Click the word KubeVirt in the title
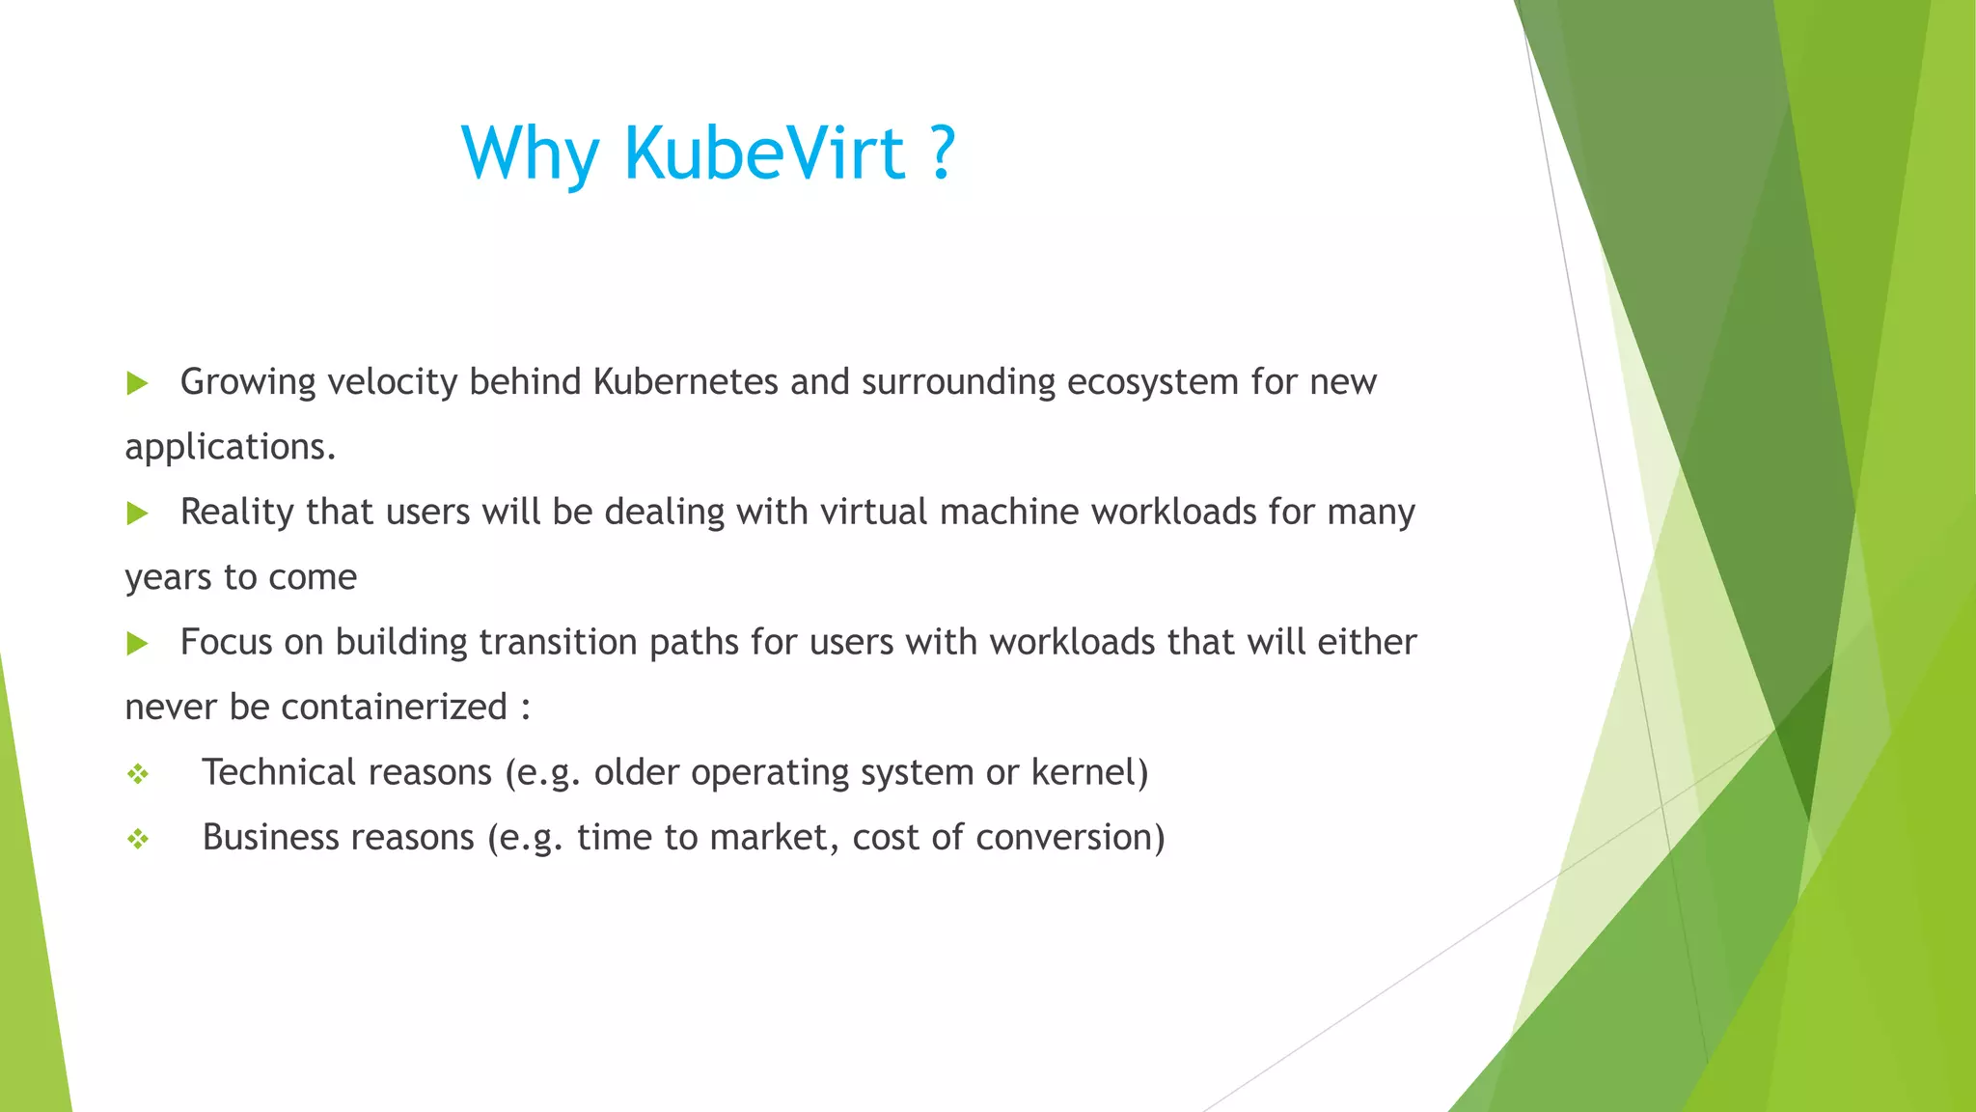(x=764, y=153)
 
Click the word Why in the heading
(x=531, y=154)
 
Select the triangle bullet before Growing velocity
(x=137, y=383)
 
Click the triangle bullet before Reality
(x=137, y=513)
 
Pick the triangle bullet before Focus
(x=137, y=643)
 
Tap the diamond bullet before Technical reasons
(x=138, y=773)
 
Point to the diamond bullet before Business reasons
(x=138, y=839)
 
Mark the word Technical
(x=279, y=772)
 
